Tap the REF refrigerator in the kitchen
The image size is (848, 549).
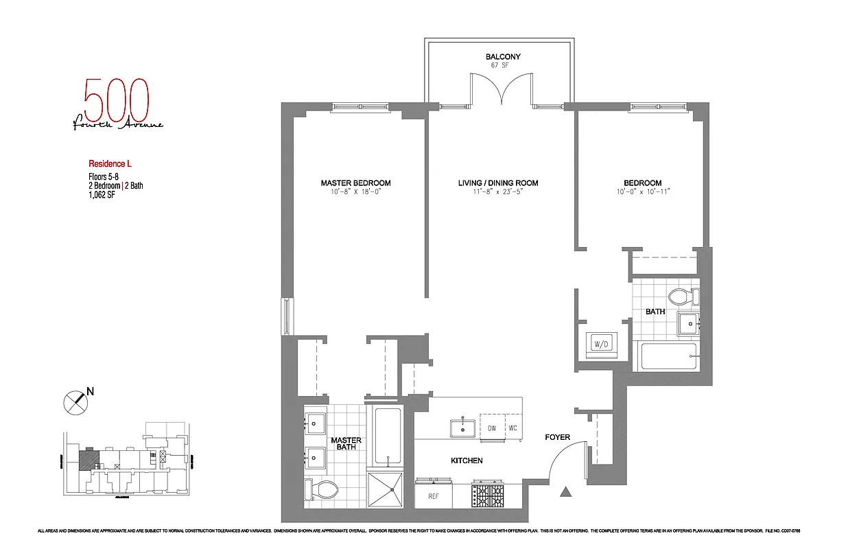pos(434,495)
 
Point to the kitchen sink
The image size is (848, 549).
pos(463,428)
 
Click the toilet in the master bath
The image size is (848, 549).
pos(324,489)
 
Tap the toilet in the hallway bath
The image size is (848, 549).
pos(682,297)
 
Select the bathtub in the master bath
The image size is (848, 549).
pos(388,435)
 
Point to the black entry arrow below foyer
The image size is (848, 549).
pos(566,491)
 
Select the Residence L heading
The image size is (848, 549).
pos(110,163)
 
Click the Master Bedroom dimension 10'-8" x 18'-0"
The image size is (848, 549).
pos(355,192)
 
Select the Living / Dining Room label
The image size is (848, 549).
pos(498,183)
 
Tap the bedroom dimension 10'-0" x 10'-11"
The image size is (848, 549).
pos(642,192)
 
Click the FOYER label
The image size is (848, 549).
pos(557,437)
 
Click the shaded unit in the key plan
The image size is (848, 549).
pos(88,459)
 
